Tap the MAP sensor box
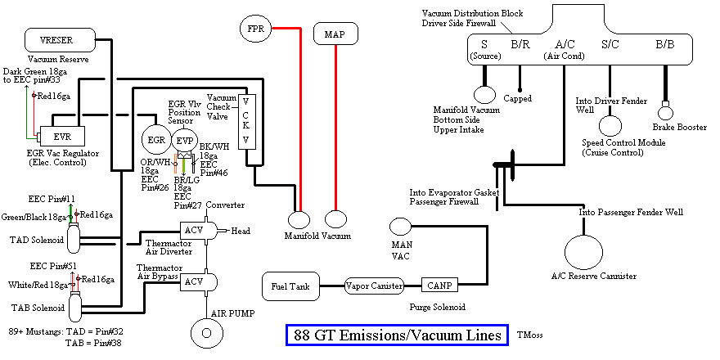coord(335,34)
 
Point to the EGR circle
coord(156,140)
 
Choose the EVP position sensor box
coord(185,140)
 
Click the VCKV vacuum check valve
coord(245,119)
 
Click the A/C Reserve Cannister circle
coord(583,250)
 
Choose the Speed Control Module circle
coord(610,125)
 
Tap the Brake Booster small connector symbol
coord(665,106)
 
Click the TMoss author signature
coord(529,335)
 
